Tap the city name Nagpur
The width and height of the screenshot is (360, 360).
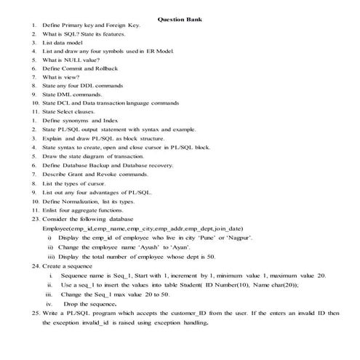point(239,237)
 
